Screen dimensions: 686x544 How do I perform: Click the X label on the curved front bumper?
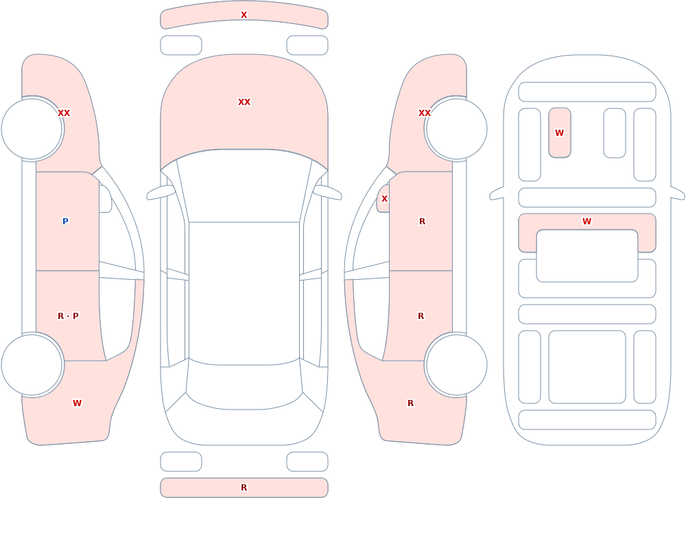(x=244, y=15)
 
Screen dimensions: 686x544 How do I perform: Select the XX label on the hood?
(x=244, y=102)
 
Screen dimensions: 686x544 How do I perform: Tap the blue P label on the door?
(x=65, y=222)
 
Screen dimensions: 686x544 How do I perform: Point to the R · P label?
(x=68, y=316)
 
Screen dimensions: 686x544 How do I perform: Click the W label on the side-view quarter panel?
(x=77, y=403)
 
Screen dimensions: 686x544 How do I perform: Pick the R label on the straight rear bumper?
(x=244, y=488)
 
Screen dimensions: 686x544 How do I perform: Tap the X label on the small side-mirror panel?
(x=384, y=199)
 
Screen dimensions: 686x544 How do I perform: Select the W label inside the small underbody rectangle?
(x=559, y=132)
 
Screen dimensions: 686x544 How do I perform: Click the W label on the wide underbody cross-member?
(x=587, y=222)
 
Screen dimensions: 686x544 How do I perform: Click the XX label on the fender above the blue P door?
(x=64, y=113)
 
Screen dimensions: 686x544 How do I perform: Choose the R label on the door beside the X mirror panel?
(x=422, y=222)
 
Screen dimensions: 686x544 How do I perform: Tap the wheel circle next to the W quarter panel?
(x=32, y=364)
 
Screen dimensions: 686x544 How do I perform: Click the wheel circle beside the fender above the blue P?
(x=32, y=129)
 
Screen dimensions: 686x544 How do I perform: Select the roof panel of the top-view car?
(x=244, y=293)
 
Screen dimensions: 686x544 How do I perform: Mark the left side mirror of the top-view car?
(x=161, y=193)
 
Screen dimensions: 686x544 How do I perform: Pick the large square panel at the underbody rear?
(x=587, y=367)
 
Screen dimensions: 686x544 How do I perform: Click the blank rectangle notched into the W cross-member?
(x=587, y=256)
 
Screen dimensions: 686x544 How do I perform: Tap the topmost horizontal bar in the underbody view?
(x=587, y=92)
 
